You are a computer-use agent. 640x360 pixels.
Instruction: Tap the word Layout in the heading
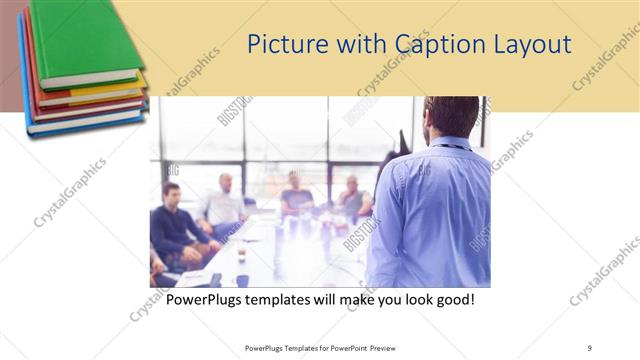[537, 45]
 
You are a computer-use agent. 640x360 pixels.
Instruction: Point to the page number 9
[589, 347]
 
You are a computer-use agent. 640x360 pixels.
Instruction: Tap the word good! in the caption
[451, 299]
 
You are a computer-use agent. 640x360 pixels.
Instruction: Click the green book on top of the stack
[85, 40]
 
